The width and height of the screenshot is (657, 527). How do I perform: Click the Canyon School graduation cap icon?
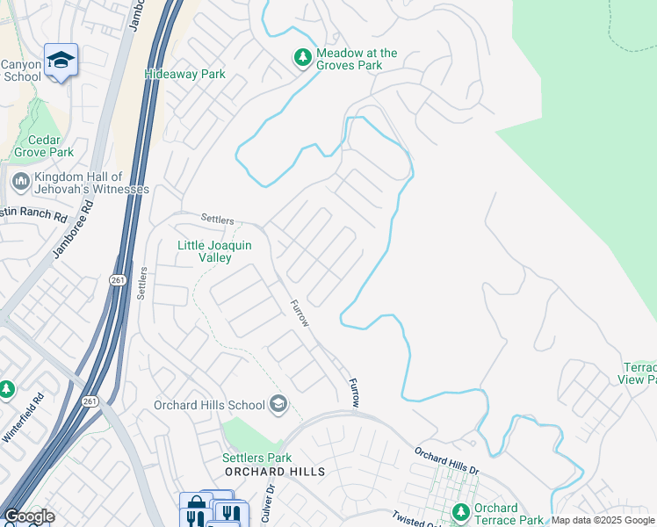click(x=61, y=60)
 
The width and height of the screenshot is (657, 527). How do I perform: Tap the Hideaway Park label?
click(x=184, y=75)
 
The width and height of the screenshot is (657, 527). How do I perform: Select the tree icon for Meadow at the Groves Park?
click(x=303, y=58)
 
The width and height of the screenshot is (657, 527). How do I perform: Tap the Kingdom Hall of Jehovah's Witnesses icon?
click(x=20, y=182)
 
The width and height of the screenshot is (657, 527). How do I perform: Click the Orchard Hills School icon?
click(x=278, y=404)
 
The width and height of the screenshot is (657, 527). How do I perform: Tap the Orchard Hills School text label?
click(x=209, y=405)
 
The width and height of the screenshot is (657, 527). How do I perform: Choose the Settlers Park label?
click(x=256, y=458)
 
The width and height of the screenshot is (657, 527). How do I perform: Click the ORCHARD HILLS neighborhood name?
click(x=275, y=472)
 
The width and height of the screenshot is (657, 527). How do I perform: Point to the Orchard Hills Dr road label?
click(x=447, y=463)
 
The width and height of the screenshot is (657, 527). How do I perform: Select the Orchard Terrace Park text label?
click(x=508, y=514)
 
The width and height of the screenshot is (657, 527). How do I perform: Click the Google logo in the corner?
click(x=28, y=516)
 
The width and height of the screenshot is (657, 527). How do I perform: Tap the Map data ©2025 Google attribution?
click(x=603, y=521)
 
